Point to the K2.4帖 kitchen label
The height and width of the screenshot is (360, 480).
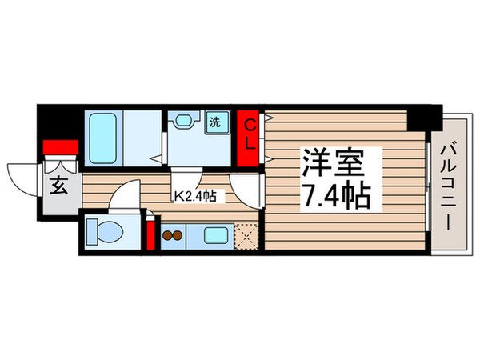click(200, 194)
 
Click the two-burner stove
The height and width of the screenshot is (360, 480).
click(174, 236)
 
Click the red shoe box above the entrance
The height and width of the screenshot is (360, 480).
click(60, 147)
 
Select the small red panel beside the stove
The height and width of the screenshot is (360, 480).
click(150, 235)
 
